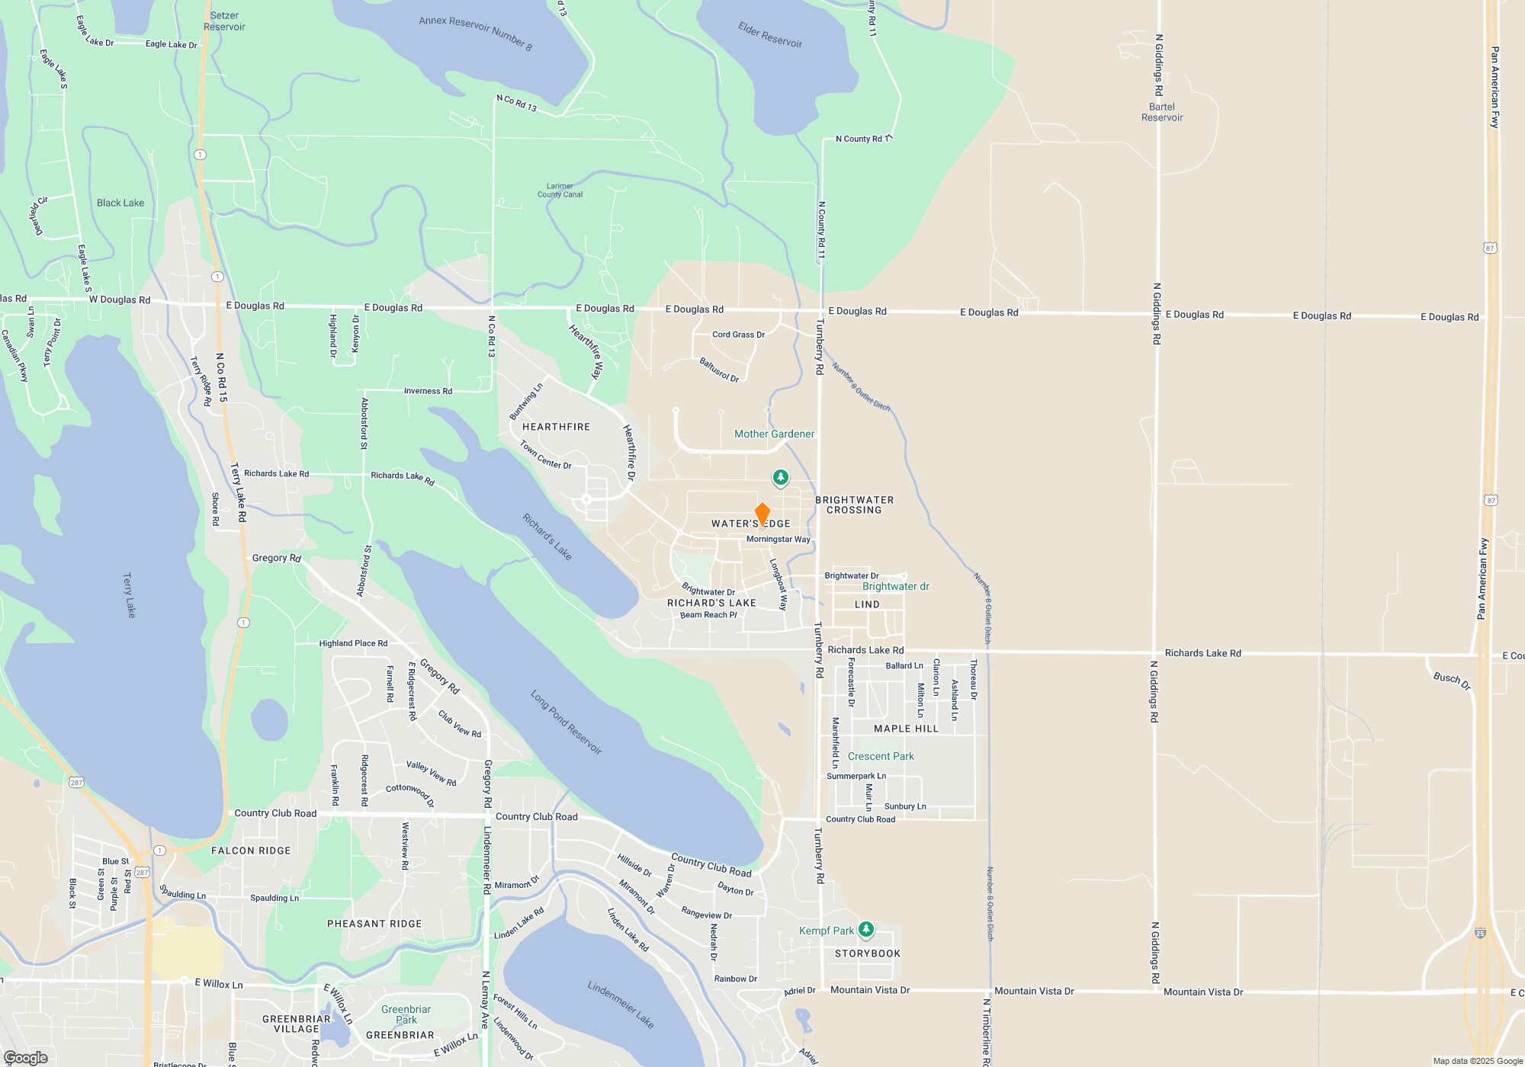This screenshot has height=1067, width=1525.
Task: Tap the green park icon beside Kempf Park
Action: [x=865, y=930]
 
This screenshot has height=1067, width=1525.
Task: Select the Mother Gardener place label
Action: [x=774, y=434]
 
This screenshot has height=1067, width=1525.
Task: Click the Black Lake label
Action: [x=120, y=203]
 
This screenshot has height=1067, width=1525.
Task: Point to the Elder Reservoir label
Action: [x=770, y=34]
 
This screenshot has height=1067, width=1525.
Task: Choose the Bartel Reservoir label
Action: [x=1162, y=112]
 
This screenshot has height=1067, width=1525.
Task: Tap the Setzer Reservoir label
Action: [x=224, y=21]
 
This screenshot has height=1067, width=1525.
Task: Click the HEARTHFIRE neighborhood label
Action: [x=556, y=427]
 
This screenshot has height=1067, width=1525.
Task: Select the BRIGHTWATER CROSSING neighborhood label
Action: [x=854, y=505]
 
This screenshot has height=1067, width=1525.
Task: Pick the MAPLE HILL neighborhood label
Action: [x=906, y=729]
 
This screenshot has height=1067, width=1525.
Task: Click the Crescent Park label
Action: [x=881, y=756]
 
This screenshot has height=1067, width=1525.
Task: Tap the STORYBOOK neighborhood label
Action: [x=868, y=953]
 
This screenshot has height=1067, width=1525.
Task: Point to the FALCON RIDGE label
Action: [x=251, y=851]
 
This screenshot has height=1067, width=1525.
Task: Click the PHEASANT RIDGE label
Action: [x=374, y=924]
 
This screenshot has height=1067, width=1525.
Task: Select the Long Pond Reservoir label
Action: [x=567, y=723]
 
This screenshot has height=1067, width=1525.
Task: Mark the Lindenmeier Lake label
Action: [x=621, y=1005]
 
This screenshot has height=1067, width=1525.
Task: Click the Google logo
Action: [x=26, y=1057]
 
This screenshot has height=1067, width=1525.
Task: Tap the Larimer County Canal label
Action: [x=560, y=191]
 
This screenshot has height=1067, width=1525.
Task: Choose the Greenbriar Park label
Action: [x=406, y=1014]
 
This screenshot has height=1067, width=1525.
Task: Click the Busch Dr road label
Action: [x=1452, y=680]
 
